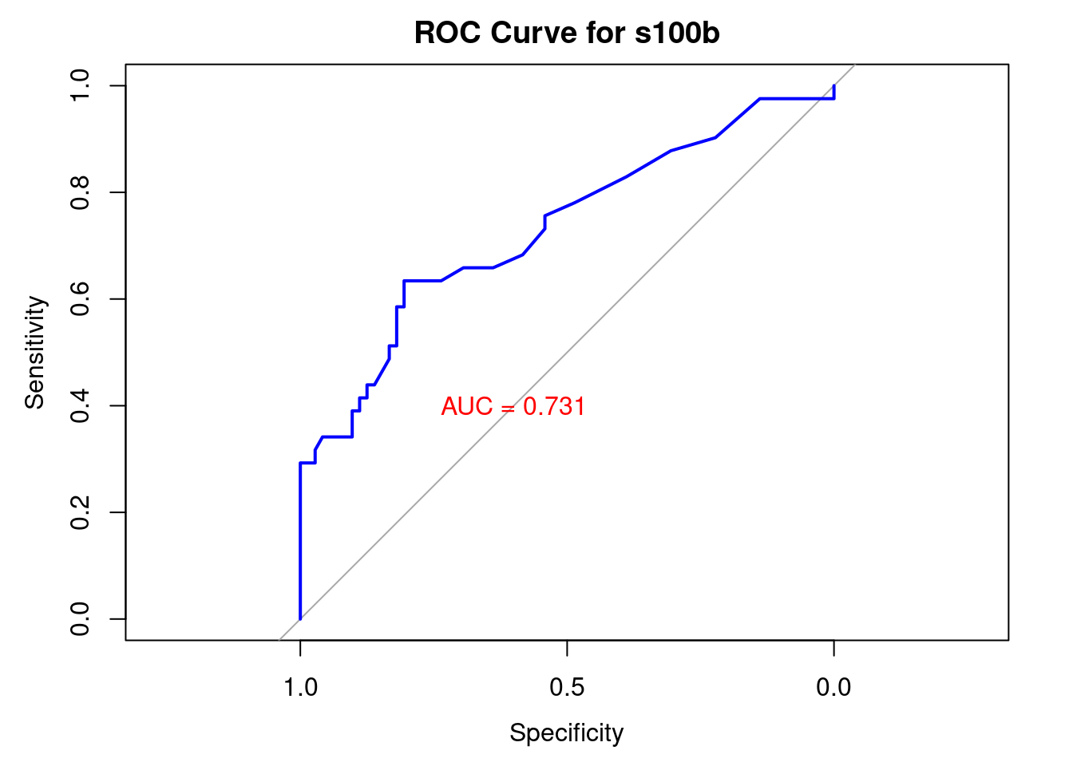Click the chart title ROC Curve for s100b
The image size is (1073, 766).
click(567, 34)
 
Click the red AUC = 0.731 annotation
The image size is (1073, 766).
click(513, 406)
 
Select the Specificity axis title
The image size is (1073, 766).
click(567, 732)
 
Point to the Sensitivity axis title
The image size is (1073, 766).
click(35, 352)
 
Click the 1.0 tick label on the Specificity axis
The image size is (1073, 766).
click(300, 687)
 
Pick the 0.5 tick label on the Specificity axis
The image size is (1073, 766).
click(567, 687)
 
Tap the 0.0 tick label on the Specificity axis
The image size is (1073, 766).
click(833, 687)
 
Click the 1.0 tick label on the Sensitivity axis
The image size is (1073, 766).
click(80, 85)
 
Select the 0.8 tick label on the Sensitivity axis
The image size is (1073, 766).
click(80, 192)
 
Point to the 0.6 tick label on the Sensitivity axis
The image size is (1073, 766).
click(80, 298)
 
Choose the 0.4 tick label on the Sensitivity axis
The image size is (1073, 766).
click(80, 405)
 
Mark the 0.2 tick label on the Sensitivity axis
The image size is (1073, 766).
click(80, 512)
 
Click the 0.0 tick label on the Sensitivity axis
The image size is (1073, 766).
click(80, 618)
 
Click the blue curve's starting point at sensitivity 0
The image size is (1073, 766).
click(300, 618)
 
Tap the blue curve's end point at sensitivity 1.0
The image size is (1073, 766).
click(833, 85)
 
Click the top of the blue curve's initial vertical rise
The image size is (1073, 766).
click(300, 463)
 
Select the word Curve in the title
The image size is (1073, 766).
click(524, 34)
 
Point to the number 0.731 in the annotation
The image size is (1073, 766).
click(554, 406)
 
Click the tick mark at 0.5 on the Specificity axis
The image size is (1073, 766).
click(567, 647)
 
